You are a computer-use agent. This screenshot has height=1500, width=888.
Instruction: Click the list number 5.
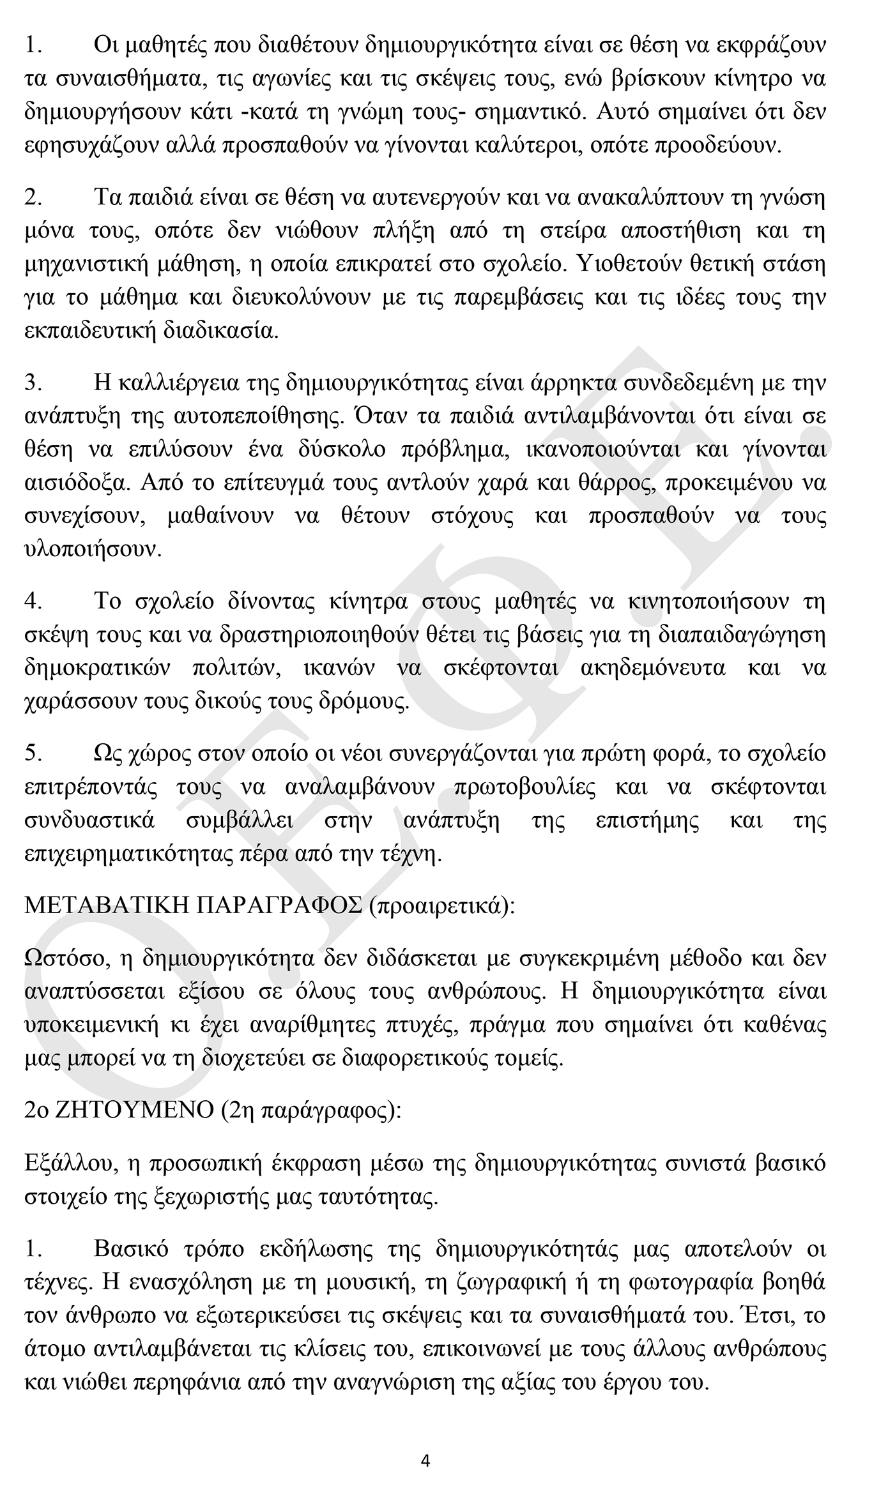pyautogui.click(x=33, y=754)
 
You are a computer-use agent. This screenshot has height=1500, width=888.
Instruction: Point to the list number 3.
pyautogui.click(x=33, y=383)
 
